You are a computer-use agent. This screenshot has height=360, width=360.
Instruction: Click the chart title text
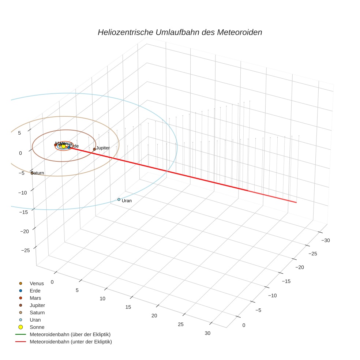tap(180, 32)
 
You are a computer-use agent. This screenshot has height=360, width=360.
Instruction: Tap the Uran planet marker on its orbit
tap(119, 199)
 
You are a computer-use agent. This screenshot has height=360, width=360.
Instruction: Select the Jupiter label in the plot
tap(103, 148)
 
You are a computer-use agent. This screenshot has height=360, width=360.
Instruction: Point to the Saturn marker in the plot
tap(32, 173)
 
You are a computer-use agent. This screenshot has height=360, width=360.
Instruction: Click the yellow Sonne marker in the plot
tap(64, 146)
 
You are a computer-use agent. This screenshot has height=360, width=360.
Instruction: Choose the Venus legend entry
tap(37, 284)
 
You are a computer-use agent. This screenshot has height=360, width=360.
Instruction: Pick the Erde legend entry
tap(35, 291)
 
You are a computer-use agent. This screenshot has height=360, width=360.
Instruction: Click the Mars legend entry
tap(35, 298)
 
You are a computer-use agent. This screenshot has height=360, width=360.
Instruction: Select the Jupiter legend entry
tap(37, 305)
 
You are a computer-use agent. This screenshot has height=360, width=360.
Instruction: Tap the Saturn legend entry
tap(37, 312)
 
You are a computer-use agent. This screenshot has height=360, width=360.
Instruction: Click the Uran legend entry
tap(35, 320)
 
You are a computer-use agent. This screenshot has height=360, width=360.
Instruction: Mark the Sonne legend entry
tap(37, 327)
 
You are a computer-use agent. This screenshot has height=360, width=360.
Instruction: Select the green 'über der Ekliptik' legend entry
tap(70, 334)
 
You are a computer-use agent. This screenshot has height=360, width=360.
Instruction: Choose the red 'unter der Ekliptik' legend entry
tap(71, 342)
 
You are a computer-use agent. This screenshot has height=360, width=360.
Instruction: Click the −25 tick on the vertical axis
tap(25, 250)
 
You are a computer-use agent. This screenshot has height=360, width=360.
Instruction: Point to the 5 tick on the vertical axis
tap(19, 133)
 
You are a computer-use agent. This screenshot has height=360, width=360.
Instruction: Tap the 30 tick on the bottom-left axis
tap(207, 333)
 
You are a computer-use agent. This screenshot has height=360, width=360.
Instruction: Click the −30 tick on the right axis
tap(326, 240)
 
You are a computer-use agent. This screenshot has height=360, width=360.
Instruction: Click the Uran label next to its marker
tap(127, 201)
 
